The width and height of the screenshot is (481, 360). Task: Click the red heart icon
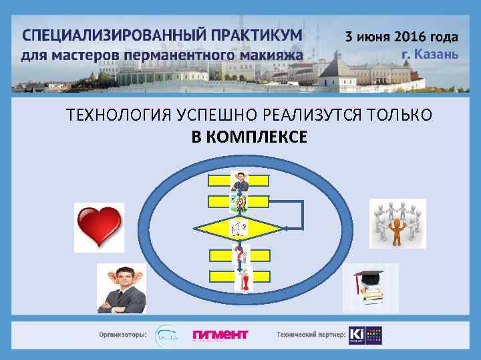pyautogui.click(x=100, y=225)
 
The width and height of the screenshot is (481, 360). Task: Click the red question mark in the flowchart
pyautogui.click(x=238, y=254)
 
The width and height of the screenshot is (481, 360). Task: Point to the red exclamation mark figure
pyautogui.click(x=245, y=280)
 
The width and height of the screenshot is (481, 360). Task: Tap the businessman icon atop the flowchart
pyautogui.click(x=238, y=181)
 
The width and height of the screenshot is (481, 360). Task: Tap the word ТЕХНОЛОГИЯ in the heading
pyautogui.click(x=111, y=115)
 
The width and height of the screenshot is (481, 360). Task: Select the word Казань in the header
pyautogui.click(x=437, y=53)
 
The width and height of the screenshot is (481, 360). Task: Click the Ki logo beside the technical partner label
pyautogui.click(x=356, y=334)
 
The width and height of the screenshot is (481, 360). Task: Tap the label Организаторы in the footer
pyautogui.click(x=123, y=334)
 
